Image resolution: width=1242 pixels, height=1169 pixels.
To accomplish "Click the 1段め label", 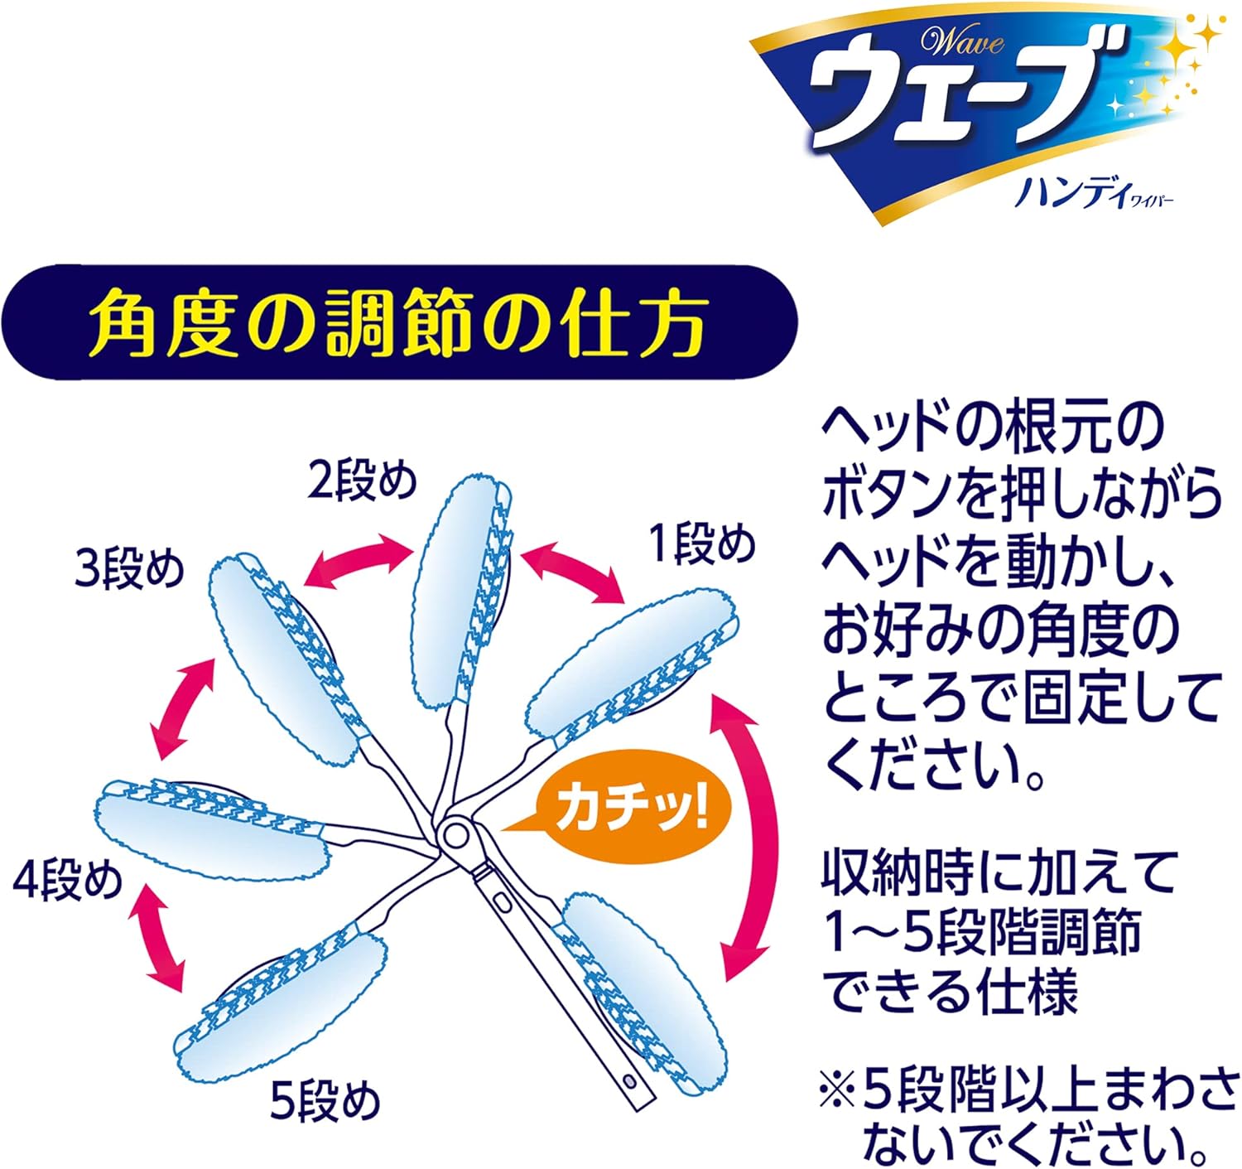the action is click(702, 546).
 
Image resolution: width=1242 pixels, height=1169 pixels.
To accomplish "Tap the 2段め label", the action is click(361, 481).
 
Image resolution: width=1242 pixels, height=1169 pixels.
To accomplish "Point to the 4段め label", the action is click(68, 880).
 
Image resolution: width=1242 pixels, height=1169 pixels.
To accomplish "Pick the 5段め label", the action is click(325, 1101).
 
